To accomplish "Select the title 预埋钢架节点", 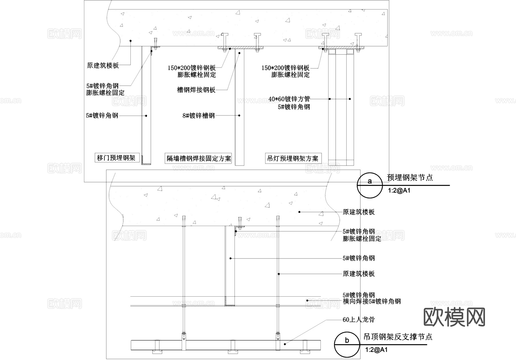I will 410,178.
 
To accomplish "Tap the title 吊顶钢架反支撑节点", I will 398,337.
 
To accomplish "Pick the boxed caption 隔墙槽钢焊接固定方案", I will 199,158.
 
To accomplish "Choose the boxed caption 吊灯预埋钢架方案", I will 293,158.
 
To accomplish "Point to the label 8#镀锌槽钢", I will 198,116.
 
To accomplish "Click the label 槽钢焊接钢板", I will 196,90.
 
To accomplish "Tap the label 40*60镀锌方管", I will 289,99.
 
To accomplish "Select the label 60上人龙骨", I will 359,320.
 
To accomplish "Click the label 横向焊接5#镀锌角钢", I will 372,301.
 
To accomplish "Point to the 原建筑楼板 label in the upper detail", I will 103,65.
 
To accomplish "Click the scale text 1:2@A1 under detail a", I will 399,190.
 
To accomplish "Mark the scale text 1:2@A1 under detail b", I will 376,350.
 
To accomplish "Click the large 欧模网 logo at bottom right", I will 454,317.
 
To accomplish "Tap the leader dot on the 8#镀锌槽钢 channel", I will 239,116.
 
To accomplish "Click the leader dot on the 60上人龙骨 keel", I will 285,344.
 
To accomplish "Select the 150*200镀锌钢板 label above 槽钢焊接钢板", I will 191,68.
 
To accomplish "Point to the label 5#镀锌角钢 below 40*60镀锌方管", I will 294,107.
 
